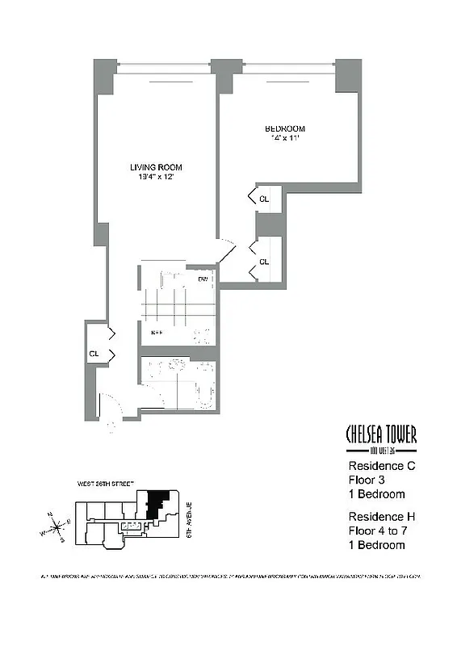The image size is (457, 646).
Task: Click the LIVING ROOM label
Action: tap(156, 167)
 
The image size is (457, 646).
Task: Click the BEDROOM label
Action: tap(285, 128)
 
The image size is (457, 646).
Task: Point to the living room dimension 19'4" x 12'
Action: tap(156, 178)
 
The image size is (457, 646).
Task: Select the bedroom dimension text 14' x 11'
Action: tap(285, 139)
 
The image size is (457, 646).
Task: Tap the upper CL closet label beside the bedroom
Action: tap(264, 198)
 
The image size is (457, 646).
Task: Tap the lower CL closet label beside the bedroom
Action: tap(264, 262)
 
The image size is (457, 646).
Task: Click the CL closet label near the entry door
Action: tap(94, 354)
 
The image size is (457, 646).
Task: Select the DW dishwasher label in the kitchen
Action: tap(203, 280)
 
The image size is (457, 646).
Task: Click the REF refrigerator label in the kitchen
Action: tap(158, 332)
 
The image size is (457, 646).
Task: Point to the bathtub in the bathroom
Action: tap(203, 384)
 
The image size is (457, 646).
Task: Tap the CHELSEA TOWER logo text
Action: tap(381, 436)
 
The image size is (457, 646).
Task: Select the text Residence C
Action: tap(381, 466)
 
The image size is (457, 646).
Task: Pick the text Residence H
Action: tap(381, 516)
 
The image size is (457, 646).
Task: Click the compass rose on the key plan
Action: tap(59, 529)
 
